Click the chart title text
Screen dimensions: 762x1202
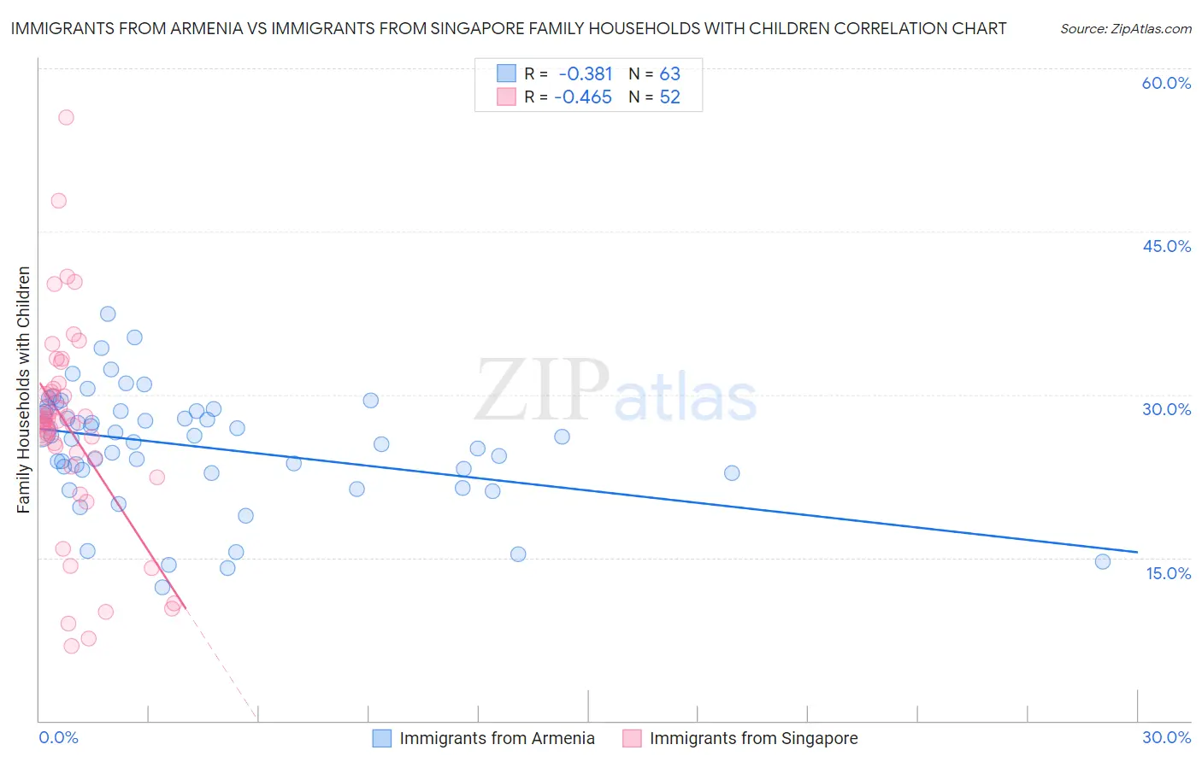[x=508, y=28]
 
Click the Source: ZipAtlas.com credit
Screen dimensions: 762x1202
[x=1125, y=29]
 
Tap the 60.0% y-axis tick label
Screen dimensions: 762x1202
[x=1166, y=83]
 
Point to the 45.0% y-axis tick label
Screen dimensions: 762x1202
[x=1166, y=246]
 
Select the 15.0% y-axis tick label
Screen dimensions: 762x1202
[x=1168, y=573]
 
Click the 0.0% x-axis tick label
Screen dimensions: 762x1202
[x=58, y=737]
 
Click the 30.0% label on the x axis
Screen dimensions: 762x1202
[x=1166, y=737]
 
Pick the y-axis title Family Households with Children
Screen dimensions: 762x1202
[x=24, y=390]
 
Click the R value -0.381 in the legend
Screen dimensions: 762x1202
[x=586, y=74]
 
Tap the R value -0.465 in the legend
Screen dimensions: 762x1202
[x=583, y=97]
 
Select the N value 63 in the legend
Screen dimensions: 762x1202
[x=669, y=74]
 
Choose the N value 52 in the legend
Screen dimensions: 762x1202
[x=669, y=97]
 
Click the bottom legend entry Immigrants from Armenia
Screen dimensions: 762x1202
[x=496, y=738]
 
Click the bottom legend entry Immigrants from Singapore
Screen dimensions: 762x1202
[x=752, y=738]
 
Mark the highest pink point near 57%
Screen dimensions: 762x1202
[x=66, y=117]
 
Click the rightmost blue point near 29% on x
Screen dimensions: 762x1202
[x=1102, y=561]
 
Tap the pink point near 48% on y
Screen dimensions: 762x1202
[x=58, y=201]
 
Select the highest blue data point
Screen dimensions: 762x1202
[x=108, y=314]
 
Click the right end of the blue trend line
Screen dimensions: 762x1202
[x=1137, y=552]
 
